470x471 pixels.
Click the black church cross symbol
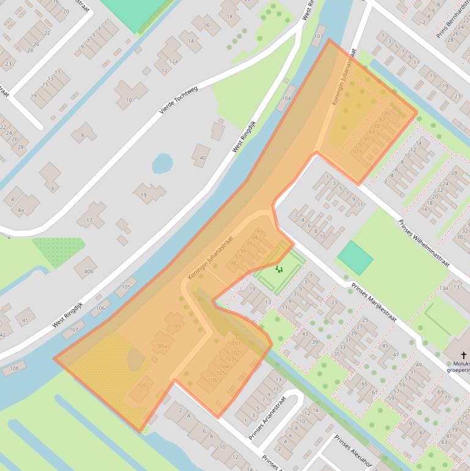coord(463,355)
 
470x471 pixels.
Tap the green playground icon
coord(279,269)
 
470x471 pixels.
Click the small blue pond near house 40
coord(162,163)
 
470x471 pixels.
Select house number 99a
coord(162,346)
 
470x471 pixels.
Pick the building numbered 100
coord(142,385)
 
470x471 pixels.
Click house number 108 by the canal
coord(13,368)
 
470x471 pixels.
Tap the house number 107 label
coord(73,330)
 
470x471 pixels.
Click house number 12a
coord(173,61)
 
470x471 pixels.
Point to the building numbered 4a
coord(21,210)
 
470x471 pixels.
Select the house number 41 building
coord(24,319)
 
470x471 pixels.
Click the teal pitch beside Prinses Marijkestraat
coord(354,258)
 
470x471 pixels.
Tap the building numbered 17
coord(89,220)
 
